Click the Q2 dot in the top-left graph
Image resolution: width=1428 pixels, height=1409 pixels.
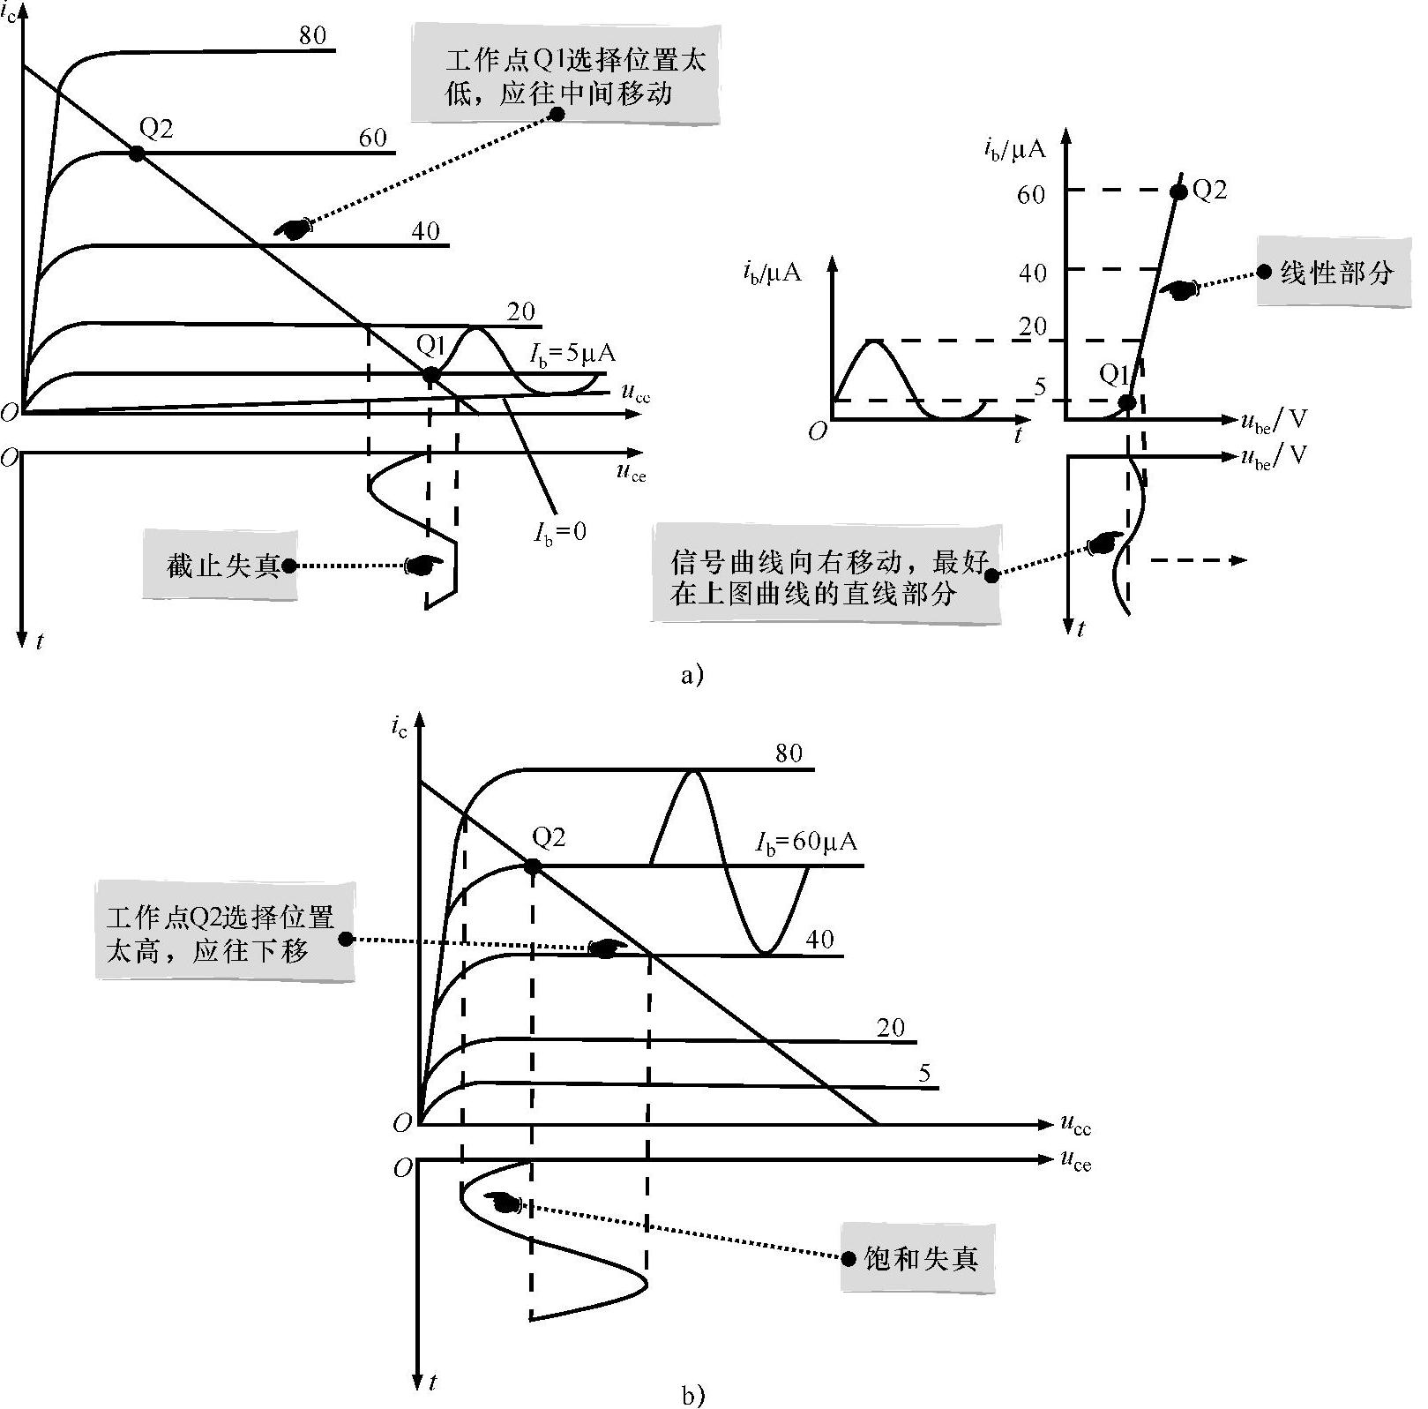(136, 154)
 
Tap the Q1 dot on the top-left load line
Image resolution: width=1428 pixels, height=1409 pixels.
(430, 375)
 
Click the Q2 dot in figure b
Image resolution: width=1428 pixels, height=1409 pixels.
(532, 866)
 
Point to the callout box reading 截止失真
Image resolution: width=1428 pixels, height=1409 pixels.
(221, 565)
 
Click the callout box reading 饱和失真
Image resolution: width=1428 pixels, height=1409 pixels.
(918, 1258)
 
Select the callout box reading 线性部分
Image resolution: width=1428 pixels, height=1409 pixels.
(1334, 272)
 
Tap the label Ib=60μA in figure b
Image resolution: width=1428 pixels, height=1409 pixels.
(806, 842)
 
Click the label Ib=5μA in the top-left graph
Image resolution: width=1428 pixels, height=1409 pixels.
(572, 354)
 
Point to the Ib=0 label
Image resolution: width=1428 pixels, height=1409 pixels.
(559, 530)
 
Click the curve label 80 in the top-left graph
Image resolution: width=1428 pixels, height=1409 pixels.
(312, 35)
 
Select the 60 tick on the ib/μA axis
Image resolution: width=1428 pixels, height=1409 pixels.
(1031, 194)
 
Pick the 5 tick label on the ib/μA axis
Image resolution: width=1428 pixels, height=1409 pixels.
(1039, 386)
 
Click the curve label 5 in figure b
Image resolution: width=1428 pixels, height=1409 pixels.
(924, 1073)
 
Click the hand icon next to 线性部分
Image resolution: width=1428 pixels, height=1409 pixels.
(1178, 289)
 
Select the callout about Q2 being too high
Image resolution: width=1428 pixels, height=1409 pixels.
(224, 930)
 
